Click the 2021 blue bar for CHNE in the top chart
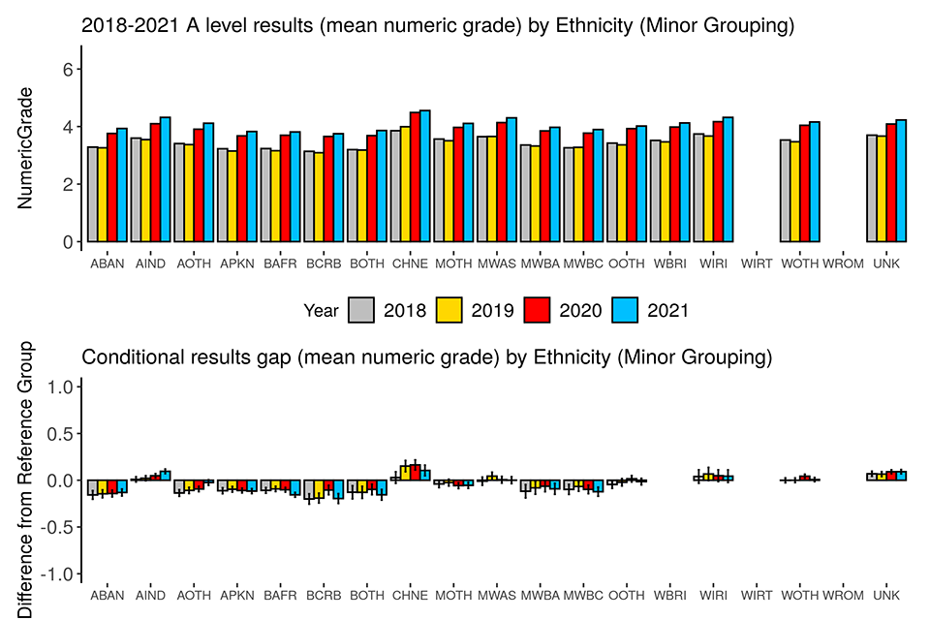click(x=425, y=175)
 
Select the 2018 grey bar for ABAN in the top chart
click(x=92, y=194)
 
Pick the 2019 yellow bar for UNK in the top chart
click(x=881, y=188)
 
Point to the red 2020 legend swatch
click(x=538, y=310)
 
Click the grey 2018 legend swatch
click(x=361, y=310)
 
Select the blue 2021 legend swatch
click(x=626, y=310)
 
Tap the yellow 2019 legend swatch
click(x=449, y=310)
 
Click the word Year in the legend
click(x=321, y=310)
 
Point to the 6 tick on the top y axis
click(x=67, y=69)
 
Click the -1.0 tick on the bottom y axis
click(x=60, y=573)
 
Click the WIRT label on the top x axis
click(x=757, y=263)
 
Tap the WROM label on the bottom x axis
click(x=843, y=596)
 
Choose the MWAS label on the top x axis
click(x=497, y=263)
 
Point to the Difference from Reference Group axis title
click(x=27, y=480)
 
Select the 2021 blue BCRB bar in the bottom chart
click(x=338, y=489)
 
